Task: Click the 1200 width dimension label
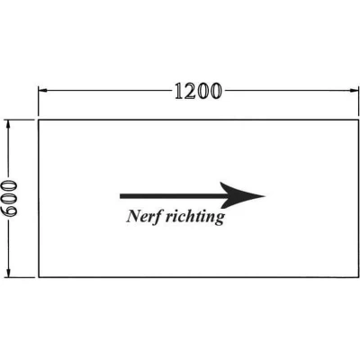tap(198, 91)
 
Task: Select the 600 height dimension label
tap(9, 198)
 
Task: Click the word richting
tap(195, 217)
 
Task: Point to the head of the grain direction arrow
tap(264, 196)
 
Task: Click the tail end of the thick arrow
tap(121, 196)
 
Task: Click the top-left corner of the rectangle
tap(39, 120)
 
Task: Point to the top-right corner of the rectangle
tap(358, 120)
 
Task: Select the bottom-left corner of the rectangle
tap(39, 277)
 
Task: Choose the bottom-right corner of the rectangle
tap(358, 277)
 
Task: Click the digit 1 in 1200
tap(180, 91)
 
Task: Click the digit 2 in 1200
tap(193, 91)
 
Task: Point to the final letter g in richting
tap(220, 219)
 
